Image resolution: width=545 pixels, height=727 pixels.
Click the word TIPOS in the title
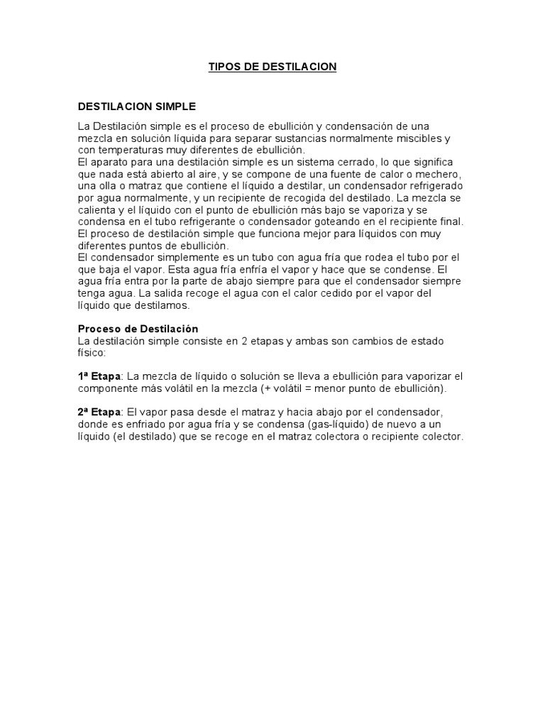tap(223, 67)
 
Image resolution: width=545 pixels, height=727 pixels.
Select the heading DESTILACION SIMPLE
tap(136, 106)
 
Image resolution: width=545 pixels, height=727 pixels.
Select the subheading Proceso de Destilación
tap(138, 329)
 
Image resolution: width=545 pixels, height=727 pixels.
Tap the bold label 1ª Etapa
tap(99, 376)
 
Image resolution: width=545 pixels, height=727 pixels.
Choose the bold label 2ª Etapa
tap(99, 412)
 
